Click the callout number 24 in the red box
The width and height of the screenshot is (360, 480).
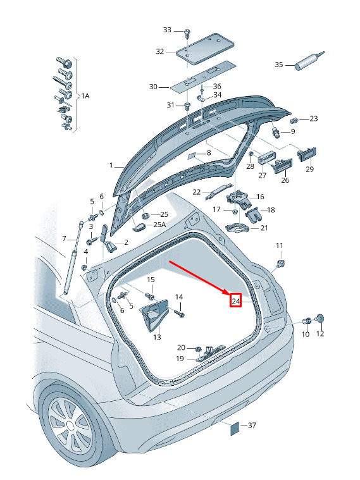[235, 301]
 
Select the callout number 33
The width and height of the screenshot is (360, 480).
[167, 30]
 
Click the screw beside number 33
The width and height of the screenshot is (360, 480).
[187, 33]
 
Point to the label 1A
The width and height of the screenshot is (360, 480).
[85, 96]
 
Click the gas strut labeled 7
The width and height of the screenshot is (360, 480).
[73, 258]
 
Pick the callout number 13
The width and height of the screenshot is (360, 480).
[157, 337]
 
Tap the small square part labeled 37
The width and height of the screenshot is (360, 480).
[234, 428]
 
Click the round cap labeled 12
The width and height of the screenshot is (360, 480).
[320, 319]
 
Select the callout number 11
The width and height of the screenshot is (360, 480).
[280, 245]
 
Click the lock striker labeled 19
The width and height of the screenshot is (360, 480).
[211, 354]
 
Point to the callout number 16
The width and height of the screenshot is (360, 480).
[260, 197]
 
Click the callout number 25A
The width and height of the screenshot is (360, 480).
[159, 225]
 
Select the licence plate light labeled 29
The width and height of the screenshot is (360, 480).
[306, 154]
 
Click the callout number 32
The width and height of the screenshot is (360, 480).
[160, 51]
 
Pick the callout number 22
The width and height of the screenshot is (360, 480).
[196, 192]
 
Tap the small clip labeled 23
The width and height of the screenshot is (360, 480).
[295, 120]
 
